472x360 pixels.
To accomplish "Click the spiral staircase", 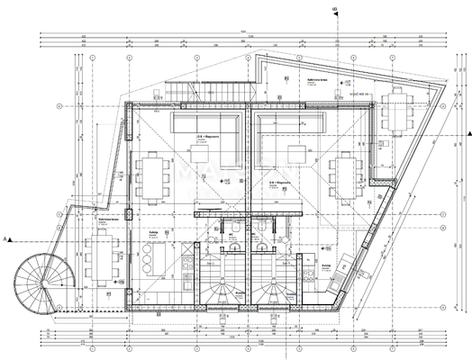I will tap(34, 282).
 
